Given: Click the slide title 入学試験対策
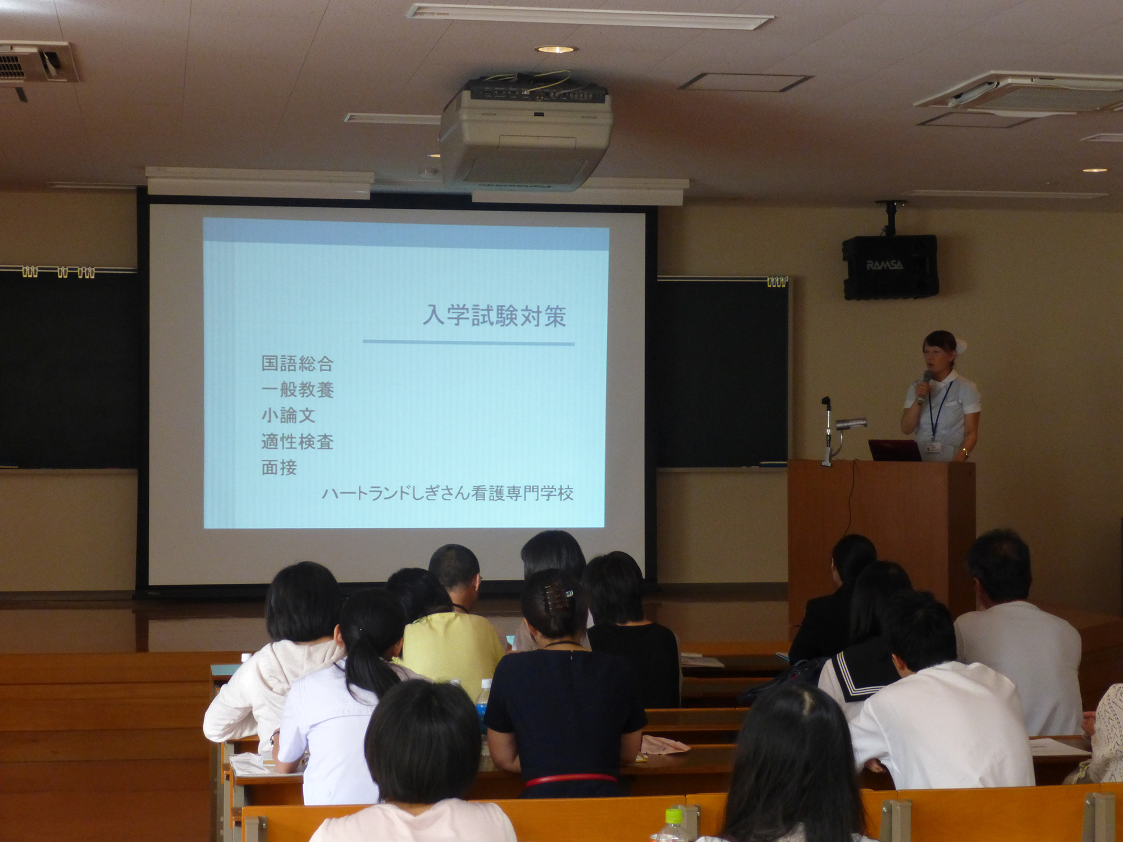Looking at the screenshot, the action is [x=495, y=316].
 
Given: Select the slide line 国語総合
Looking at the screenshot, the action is [x=298, y=364].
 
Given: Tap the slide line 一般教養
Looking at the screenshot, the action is [x=298, y=390].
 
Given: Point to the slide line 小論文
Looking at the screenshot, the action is [x=288, y=415].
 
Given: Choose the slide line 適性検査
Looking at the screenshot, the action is [x=298, y=442].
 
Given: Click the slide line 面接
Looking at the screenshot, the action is [x=279, y=468].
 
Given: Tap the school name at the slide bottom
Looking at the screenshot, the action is [x=448, y=493].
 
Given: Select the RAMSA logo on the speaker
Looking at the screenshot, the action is [x=885, y=265].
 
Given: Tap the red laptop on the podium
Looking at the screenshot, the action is [x=895, y=450].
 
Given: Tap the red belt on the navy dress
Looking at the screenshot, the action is [x=570, y=779].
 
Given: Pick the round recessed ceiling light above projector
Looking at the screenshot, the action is [x=555, y=49].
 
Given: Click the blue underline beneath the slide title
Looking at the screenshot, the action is [x=469, y=341].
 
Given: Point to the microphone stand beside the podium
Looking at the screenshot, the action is [x=827, y=432].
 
